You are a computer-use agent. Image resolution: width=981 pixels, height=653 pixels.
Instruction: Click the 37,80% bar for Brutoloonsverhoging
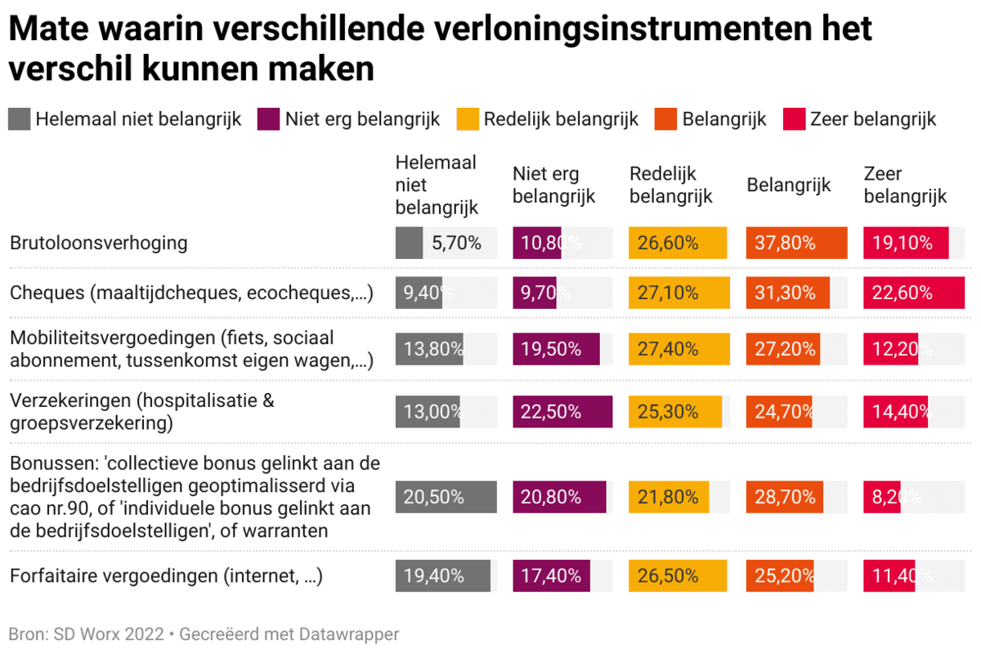(796, 243)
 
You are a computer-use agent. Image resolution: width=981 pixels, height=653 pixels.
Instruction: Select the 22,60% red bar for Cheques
(913, 293)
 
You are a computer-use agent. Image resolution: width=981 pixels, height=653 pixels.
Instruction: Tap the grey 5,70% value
(409, 243)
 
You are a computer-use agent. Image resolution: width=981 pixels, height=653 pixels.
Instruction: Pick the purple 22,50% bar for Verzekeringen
(562, 412)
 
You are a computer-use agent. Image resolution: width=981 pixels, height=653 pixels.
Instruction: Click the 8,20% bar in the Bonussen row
(881, 497)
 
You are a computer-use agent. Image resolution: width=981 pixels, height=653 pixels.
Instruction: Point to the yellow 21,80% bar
(668, 497)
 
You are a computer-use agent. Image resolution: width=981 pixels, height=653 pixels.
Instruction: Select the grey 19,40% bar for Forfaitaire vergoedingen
(442, 576)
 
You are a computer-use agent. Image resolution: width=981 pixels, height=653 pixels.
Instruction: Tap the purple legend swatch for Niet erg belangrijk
(267, 119)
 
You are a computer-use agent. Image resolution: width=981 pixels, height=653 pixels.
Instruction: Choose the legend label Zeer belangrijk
(872, 119)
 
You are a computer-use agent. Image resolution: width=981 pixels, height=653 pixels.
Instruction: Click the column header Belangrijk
(788, 186)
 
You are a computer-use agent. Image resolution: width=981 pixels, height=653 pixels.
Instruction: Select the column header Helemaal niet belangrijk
(437, 186)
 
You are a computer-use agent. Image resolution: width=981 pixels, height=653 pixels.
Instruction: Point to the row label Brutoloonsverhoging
(99, 243)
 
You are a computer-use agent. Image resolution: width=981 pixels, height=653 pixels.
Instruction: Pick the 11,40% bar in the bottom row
(889, 576)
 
